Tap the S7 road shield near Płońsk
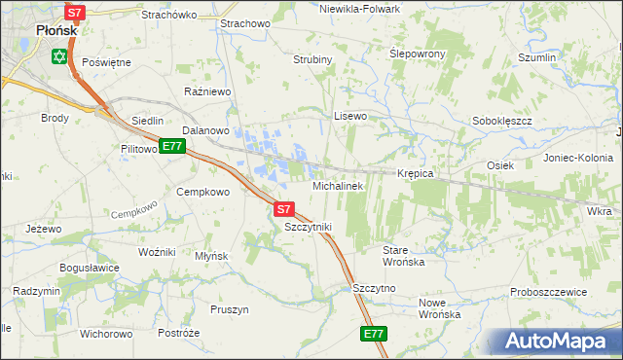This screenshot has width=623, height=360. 76,13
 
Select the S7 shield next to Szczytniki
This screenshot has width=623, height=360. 283,208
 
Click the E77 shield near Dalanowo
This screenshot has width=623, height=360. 172,147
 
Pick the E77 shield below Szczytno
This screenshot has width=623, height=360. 374,334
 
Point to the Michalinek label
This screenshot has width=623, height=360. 337,185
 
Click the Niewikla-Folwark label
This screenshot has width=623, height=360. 359,8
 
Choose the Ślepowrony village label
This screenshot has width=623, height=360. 418,53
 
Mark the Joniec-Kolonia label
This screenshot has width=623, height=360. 578,158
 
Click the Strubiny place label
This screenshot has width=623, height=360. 313,59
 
